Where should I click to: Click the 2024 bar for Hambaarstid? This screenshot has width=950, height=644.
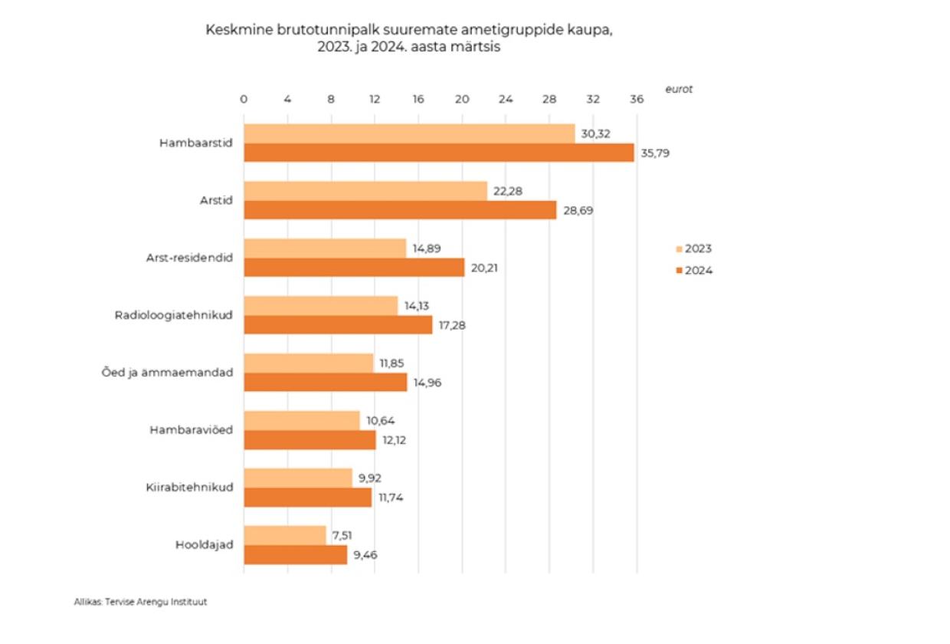coord(438,153)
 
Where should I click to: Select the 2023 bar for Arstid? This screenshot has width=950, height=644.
coord(365,191)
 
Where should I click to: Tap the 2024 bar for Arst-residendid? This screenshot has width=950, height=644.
coord(354,268)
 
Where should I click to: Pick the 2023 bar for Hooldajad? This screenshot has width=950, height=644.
coord(284,535)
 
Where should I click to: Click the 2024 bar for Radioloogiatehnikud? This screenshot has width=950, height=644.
coord(338,325)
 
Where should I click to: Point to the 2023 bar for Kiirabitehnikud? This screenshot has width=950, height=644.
coord(297,478)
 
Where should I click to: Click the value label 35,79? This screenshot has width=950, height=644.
coord(656,153)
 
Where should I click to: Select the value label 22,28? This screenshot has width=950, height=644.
coord(508,191)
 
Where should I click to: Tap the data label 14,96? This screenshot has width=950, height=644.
coord(427,383)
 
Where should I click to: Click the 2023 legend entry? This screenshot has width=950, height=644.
coord(694,248)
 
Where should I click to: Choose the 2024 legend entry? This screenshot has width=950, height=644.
coord(694,270)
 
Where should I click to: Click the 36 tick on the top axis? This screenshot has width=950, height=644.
coord(636,100)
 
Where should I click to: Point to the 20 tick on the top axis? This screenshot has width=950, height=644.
coord(461,100)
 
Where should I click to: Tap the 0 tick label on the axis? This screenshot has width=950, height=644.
coord(244,100)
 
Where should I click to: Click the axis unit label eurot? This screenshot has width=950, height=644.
coord(678,88)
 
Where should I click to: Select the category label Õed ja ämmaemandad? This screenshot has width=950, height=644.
coord(179,373)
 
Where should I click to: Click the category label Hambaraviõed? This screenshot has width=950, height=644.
coord(191,430)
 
